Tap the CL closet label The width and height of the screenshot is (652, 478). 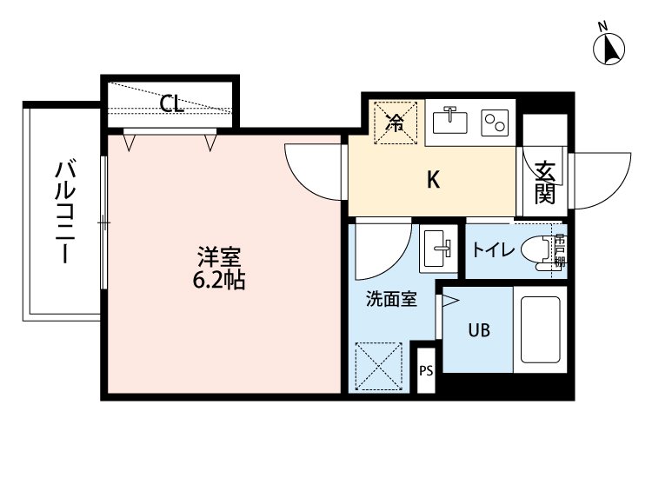tap(172, 104)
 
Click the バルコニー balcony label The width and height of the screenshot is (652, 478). tap(63, 211)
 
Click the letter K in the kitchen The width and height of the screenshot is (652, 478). tap(432, 181)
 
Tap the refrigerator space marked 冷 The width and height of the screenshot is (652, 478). tap(395, 123)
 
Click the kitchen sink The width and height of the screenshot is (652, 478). tap(450, 122)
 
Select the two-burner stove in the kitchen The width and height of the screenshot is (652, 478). tap(495, 123)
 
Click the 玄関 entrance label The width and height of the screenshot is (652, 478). tap(545, 183)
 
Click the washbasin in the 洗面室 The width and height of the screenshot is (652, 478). tap(438, 249)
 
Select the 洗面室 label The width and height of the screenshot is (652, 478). tap(391, 301)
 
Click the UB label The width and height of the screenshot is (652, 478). tap(479, 330)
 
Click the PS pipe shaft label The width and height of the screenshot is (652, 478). tap(426, 371)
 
